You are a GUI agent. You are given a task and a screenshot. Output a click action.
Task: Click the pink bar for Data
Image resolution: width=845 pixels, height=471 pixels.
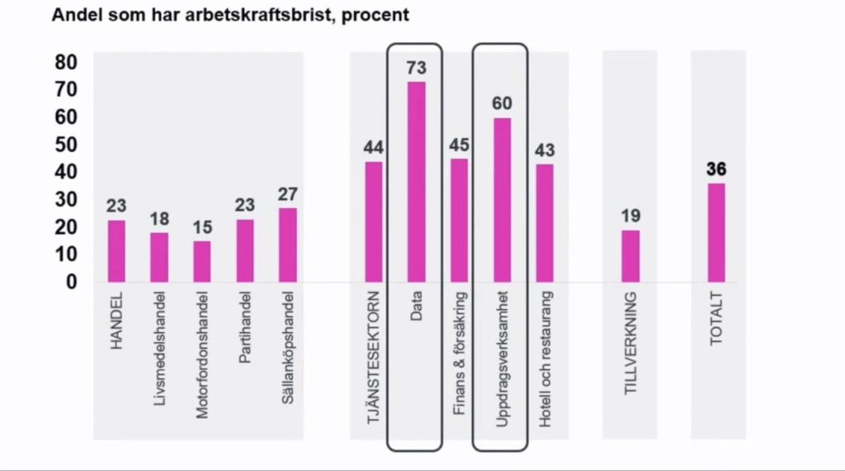pyautogui.click(x=417, y=182)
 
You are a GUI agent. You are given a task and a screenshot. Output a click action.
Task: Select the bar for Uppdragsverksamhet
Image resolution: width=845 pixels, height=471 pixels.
pyautogui.click(x=502, y=200)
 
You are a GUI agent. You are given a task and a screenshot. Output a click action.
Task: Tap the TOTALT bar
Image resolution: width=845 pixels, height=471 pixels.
pyautogui.click(x=716, y=232)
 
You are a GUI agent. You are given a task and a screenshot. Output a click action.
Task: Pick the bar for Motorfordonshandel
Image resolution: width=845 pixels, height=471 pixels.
pyautogui.click(x=202, y=261)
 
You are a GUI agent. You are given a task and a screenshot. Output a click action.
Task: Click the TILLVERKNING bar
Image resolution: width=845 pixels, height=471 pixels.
pyautogui.click(x=630, y=256)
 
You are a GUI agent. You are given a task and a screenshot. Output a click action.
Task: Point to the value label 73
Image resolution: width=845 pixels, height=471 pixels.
pyautogui.click(x=417, y=69)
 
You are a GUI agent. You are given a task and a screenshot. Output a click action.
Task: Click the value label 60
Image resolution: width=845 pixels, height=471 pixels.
pyautogui.click(x=502, y=104)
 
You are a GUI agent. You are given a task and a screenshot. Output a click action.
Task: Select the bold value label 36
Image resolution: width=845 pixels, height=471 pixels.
pyautogui.click(x=716, y=169)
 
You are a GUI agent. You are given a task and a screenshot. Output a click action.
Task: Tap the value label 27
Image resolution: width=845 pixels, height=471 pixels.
pyautogui.click(x=288, y=194)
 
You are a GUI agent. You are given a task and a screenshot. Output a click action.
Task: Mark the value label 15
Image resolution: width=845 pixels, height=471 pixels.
pyautogui.click(x=202, y=227)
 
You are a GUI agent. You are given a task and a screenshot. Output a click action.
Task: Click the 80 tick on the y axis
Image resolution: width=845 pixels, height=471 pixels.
pyautogui.click(x=65, y=63)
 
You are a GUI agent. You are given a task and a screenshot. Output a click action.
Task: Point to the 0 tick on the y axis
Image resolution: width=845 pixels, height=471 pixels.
pyautogui.click(x=72, y=282)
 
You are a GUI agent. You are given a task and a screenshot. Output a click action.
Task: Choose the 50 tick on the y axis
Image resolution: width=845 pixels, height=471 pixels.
pyautogui.click(x=65, y=145)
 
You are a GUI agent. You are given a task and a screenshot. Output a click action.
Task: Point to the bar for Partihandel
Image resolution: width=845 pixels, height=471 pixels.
pyautogui.click(x=245, y=250)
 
